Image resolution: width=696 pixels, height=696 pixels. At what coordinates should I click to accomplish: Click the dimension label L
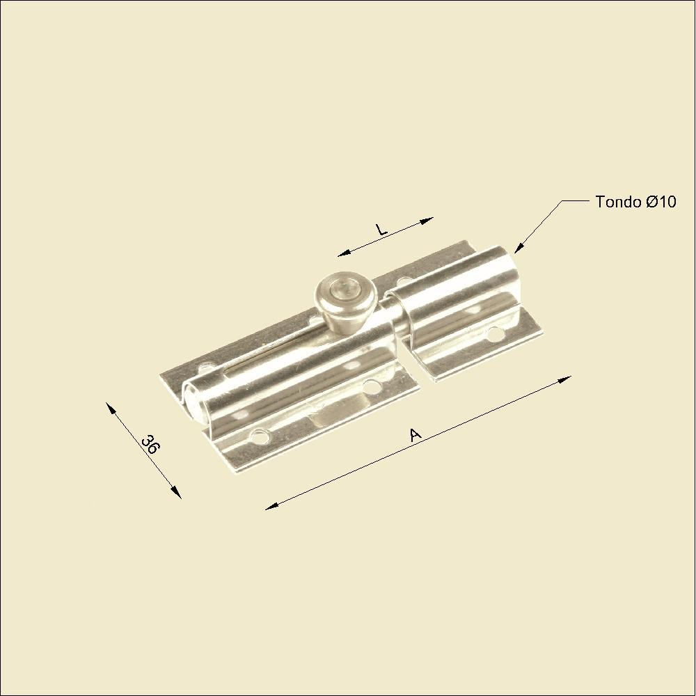click(x=381, y=230)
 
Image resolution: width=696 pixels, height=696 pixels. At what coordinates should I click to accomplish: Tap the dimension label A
click(x=416, y=434)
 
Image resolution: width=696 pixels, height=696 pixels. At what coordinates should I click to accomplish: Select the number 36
click(x=150, y=445)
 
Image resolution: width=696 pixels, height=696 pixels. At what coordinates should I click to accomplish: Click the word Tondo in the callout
click(x=618, y=202)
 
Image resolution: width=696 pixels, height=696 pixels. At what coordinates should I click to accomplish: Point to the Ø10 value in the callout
click(x=661, y=202)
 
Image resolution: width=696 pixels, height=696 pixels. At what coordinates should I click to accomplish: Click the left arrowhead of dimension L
click(x=344, y=254)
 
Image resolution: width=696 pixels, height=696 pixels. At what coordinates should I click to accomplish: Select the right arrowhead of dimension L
click(x=427, y=220)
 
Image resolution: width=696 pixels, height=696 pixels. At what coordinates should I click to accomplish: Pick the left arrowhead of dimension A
click(x=271, y=507)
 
